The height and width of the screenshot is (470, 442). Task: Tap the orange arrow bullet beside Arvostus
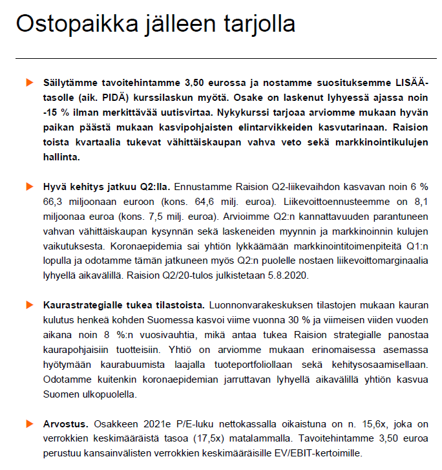pyautogui.click(x=28, y=423)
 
